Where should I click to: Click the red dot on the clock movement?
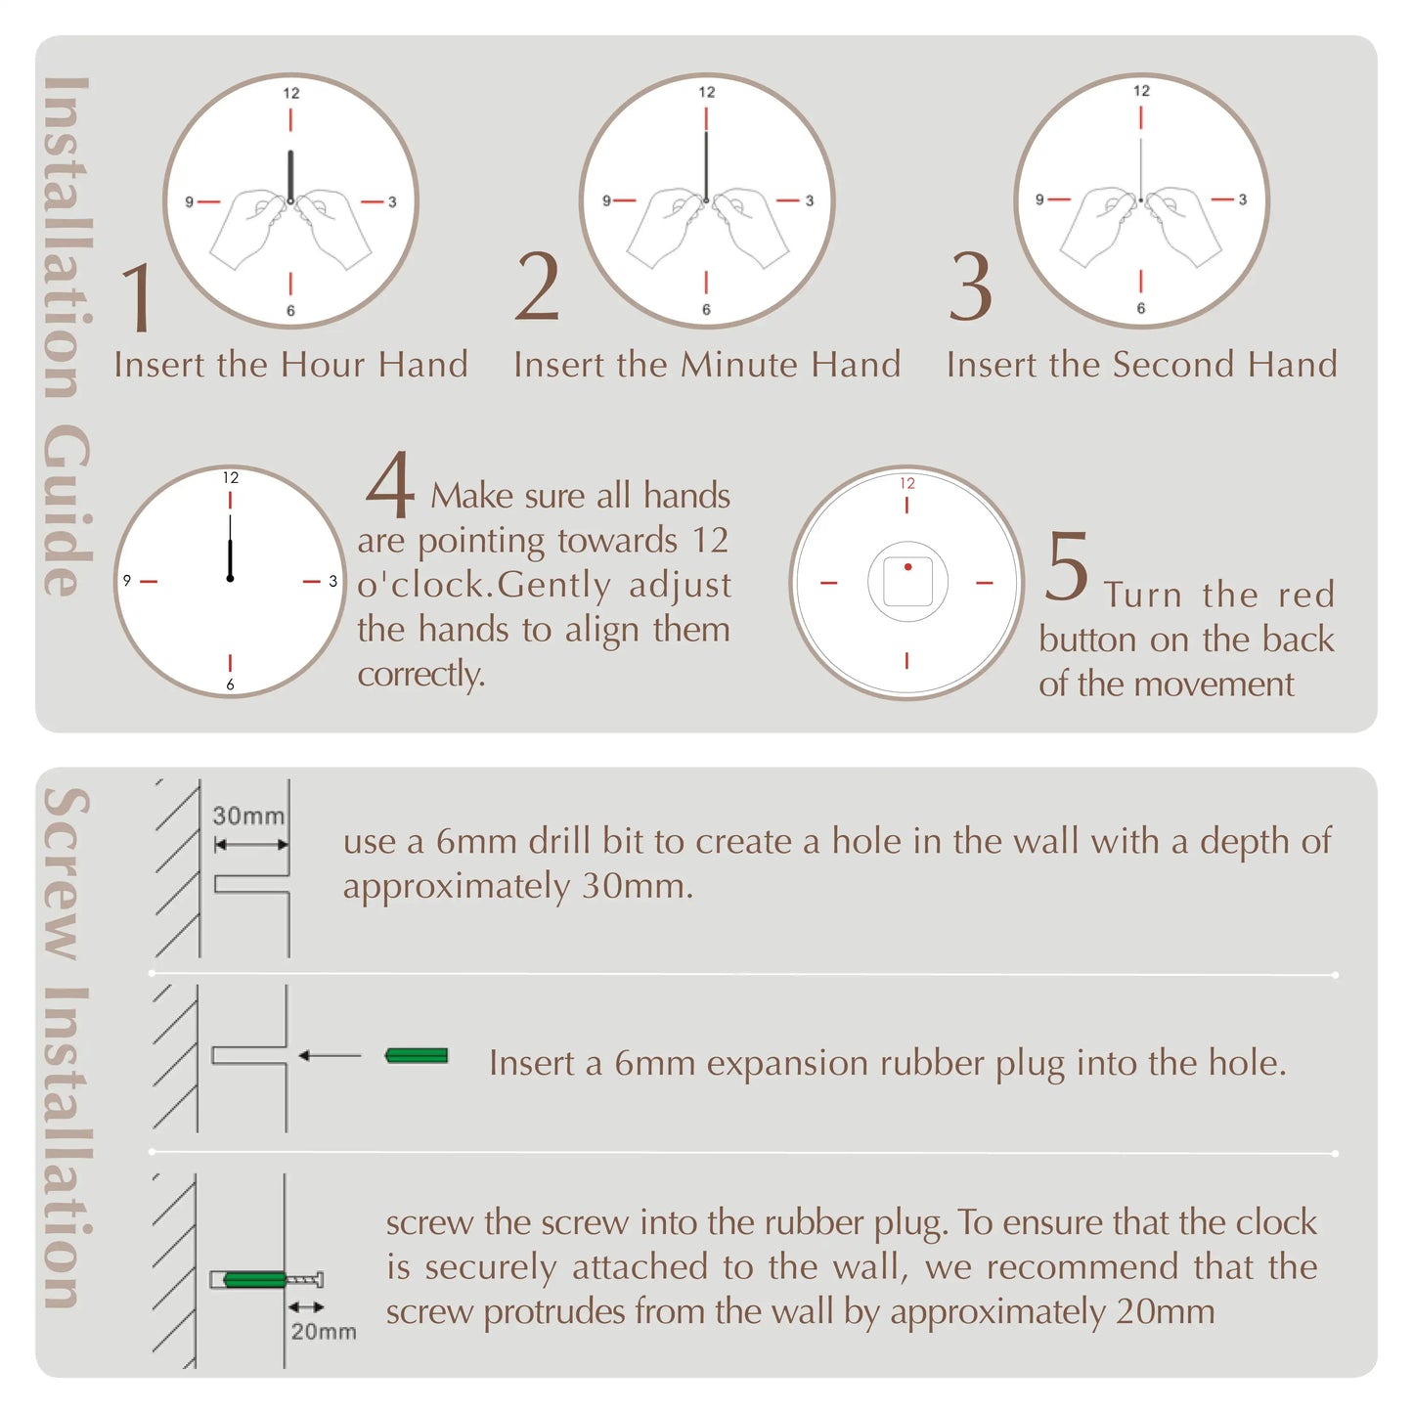pyautogui.click(x=907, y=567)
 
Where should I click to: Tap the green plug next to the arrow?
pyautogui.click(x=417, y=1056)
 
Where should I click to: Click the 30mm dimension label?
pyautogui.click(x=248, y=816)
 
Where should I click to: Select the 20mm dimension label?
pyautogui.click(x=323, y=1331)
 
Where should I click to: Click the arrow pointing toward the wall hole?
pyautogui.click(x=330, y=1056)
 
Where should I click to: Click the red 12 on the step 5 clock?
pyautogui.click(x=907, y=483)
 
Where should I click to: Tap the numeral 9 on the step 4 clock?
pyautogui.click(x=127, y=581)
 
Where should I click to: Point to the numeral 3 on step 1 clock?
pyautogui.click(x=392, y=202)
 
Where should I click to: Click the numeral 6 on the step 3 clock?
pyautogui.click(x=1140, y=308)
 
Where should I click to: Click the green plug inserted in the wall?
pyautogui.click(x=254, y=1279)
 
